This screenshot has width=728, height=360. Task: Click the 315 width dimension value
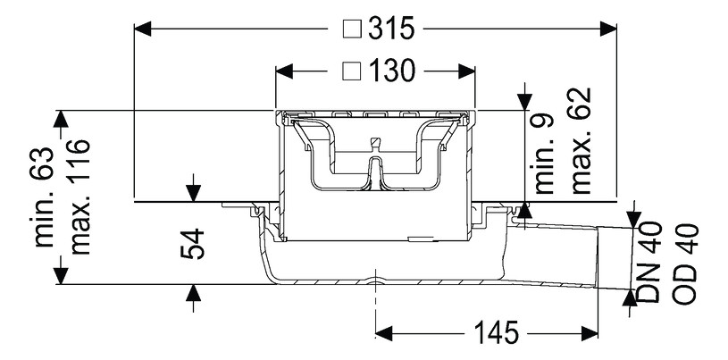pos(391,29)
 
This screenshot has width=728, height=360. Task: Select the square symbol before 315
pos(352,29)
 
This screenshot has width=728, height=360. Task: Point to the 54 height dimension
pos(196,244)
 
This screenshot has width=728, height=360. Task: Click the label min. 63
pos(46,197)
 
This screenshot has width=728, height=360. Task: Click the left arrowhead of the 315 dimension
pos(141,29)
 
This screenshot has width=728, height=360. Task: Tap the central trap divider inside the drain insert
pos(375,170)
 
